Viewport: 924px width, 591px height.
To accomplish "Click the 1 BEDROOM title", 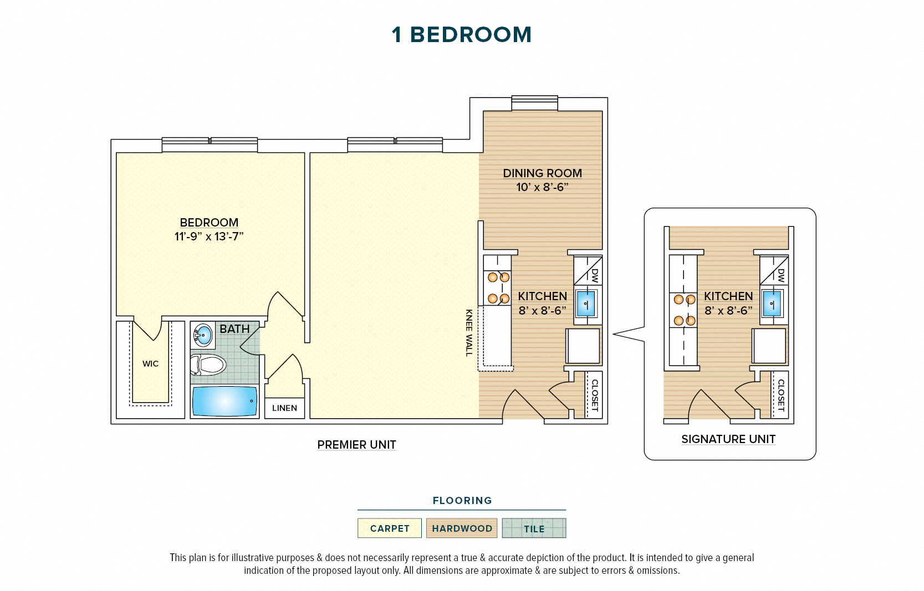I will click(461, 35).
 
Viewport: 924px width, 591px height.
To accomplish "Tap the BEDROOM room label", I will click(209, 223).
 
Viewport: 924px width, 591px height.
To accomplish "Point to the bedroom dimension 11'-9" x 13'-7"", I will click(209, 237).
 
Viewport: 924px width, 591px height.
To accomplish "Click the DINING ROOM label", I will click(542, 173).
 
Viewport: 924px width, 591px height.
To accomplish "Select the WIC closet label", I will click(150, 364).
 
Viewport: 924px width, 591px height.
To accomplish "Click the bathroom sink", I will click(203, 335).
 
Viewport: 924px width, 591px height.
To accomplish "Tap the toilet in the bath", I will click(208, 365).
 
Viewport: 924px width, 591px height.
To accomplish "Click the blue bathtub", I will click(224, 401).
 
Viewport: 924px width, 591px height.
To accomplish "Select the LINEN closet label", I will click(284, 408).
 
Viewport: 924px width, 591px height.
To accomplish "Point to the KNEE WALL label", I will click(469, 332).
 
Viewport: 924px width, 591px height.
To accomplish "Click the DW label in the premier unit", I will click(595, 275).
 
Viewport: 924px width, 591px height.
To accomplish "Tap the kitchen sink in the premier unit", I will click(586, 304).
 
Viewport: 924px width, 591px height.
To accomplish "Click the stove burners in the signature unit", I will click(684, 310).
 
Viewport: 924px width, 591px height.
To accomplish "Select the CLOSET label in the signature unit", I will click(780, 395).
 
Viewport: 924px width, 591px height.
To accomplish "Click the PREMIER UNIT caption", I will click(356, 445).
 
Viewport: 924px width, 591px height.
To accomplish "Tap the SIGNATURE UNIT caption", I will click(728, 439).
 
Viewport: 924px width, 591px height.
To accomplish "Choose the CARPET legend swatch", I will click(390, 528).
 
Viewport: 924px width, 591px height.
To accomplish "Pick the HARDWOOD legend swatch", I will click(462, 528).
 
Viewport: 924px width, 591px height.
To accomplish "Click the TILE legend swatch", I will click(534, 528).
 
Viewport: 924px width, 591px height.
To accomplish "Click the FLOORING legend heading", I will click(462, 501).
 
